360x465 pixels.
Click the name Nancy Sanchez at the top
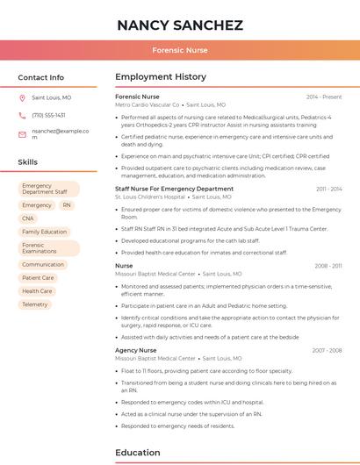coord(180,25)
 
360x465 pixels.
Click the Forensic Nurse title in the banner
coord(180,51)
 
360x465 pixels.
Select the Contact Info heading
coord(40,77)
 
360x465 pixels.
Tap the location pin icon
coord(22,98)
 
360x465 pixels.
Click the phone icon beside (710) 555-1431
coord(22,115)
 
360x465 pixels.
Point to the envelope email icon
coord(22,133)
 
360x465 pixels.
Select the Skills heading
coord(28,162)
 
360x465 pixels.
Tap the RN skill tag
coord(67,205)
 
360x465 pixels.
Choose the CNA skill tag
coord(28,218)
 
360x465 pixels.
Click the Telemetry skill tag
coord(35,304)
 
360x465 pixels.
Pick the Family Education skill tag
coord(44,232)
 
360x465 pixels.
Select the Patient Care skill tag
coord(38,278)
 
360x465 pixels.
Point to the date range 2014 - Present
coord(324,97)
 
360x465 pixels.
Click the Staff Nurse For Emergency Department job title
coord(174,189)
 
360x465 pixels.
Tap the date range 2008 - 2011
coord(328,265)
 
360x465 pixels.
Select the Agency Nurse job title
coord(135,350)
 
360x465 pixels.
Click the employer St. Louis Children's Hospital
coord(150,197)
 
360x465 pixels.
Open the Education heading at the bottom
coord(139,453)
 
